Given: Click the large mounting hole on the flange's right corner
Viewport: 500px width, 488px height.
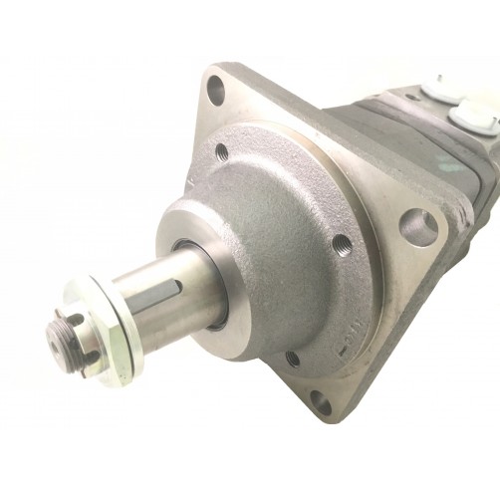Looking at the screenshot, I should (418, 228).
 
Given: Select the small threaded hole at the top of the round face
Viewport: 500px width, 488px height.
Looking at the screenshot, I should (221, 151).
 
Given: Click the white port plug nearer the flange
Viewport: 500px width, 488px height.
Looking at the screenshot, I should (434, 91).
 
